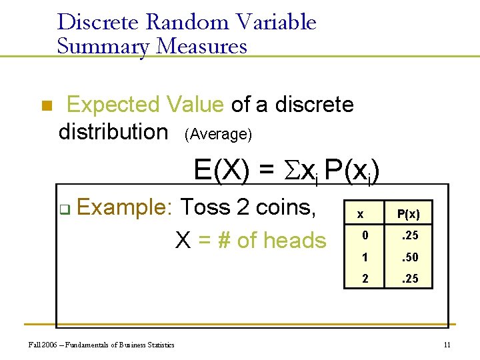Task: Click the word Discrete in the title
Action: [99, 23]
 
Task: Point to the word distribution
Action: [113, 131]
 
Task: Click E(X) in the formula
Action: [223, 171]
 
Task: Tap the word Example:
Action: [125, 207]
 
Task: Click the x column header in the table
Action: [361, 214]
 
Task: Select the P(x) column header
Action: [408, 214]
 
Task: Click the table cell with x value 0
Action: [365, 235]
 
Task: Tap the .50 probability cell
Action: [408, 257]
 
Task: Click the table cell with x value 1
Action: [365, 257]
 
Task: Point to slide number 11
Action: [447, 345]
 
